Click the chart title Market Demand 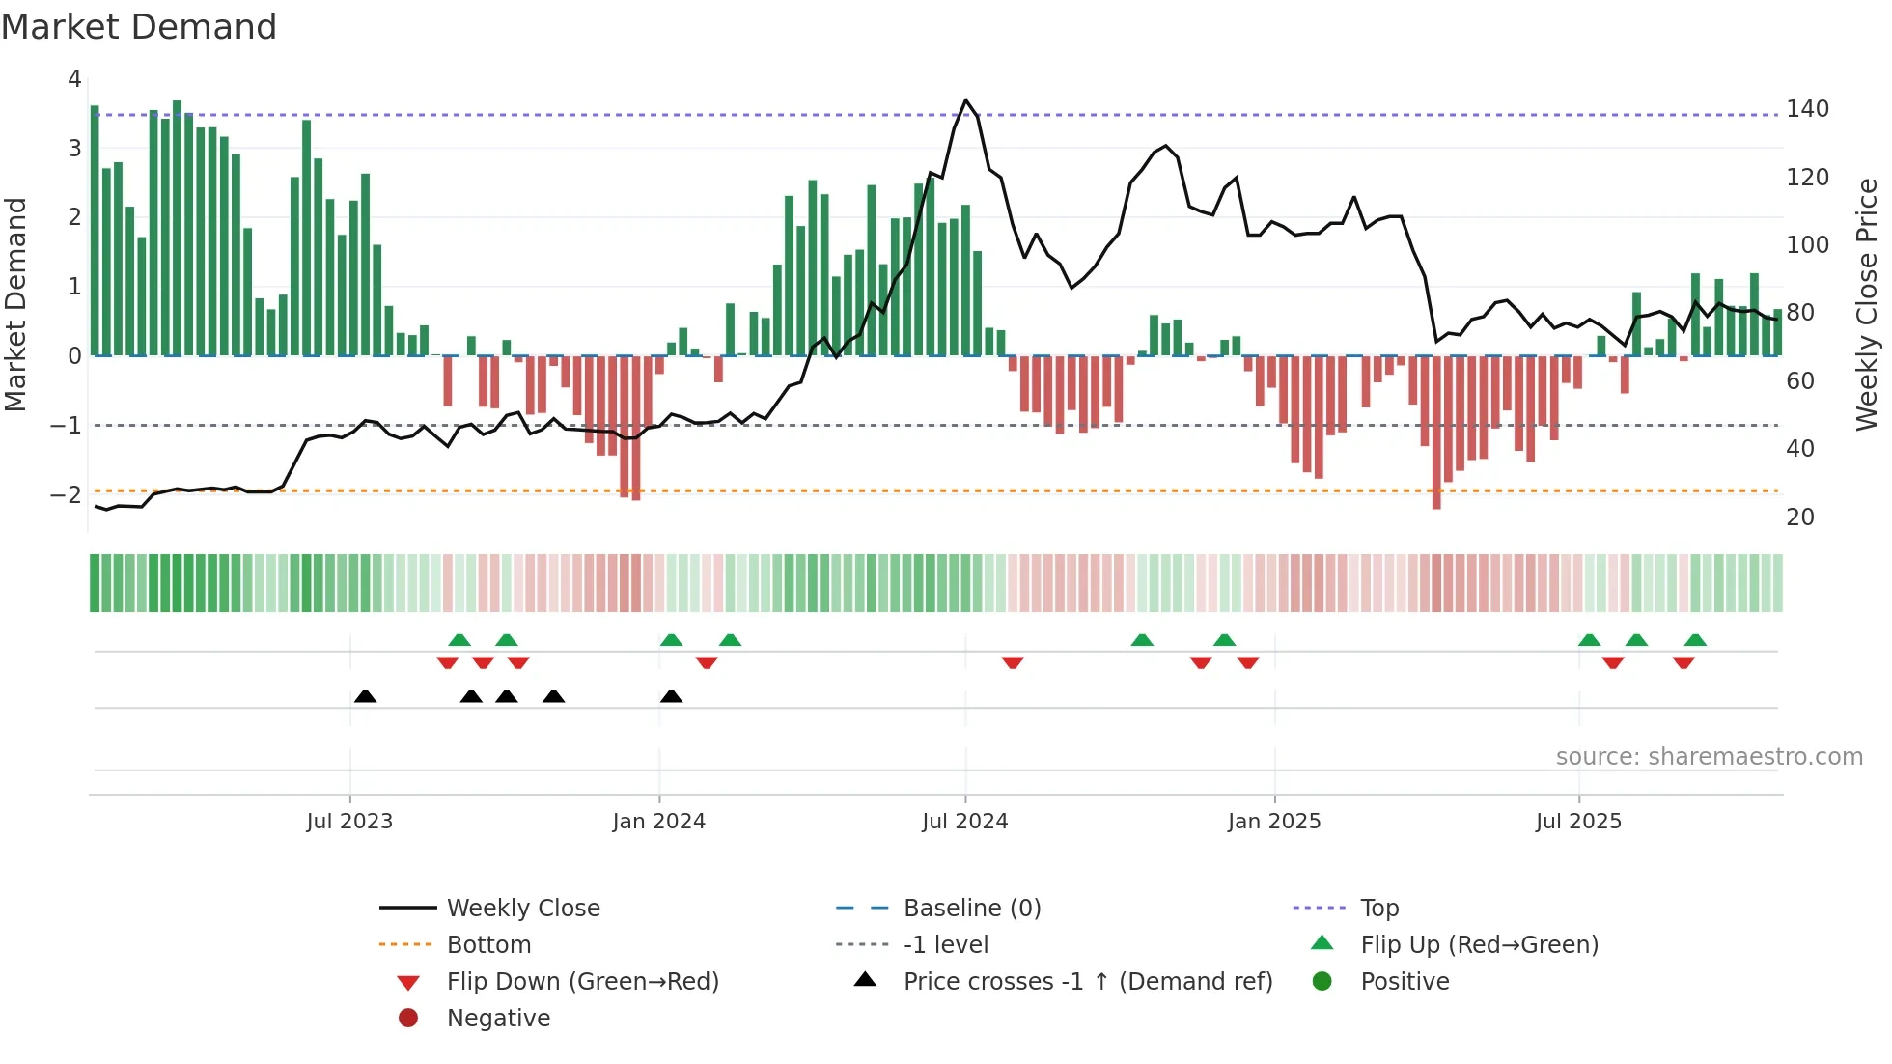[139, 27]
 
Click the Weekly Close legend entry [522, 908]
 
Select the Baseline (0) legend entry [971, 908]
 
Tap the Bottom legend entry [488, 944]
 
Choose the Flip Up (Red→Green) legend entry [1479, 944]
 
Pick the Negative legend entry [498, 1018]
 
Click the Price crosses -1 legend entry [1087, 981]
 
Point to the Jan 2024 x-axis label [658, 821]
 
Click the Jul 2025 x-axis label [1578, 821]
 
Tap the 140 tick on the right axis [1807, 108]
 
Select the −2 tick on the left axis [67, 494]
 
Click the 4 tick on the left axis [74, 79]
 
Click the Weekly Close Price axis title [1867, 304]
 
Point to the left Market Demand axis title [15, 304]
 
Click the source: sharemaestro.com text [1709, 756]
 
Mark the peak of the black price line [965, 100]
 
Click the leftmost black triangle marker [365, 696]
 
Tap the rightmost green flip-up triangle [1695, 639]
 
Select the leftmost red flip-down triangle [447, 663]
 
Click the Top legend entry [1378, 908]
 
